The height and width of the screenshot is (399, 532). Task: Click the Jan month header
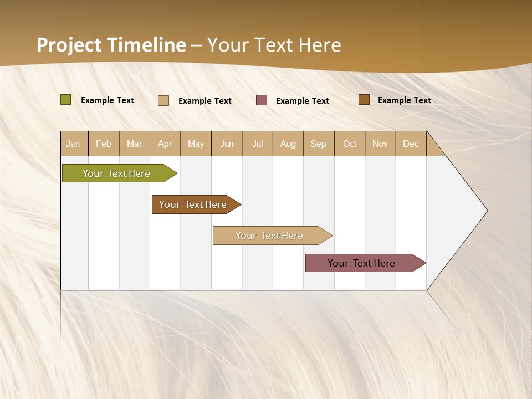click(74, 144)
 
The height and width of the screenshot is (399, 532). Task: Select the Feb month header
click(104, 144)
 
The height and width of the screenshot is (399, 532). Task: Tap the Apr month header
click(165, 144)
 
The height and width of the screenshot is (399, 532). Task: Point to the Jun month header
click(227, 144)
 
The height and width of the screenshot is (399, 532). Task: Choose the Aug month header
click(288, 144)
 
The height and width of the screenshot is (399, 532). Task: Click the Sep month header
click(319, 144)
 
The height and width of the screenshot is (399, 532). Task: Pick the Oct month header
click(350, 144)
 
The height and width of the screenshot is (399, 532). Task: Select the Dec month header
click(411, 144)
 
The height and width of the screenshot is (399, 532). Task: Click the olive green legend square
click(66, 100)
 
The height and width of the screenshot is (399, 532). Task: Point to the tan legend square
click(163, 100)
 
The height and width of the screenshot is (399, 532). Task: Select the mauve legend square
click(262, 100)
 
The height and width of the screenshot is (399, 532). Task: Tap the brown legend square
click(364, 100)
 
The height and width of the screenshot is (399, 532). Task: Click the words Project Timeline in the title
click(111, 45)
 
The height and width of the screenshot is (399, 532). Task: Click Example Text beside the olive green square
click(108, 100)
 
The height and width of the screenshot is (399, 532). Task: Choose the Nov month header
click(380, 144)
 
